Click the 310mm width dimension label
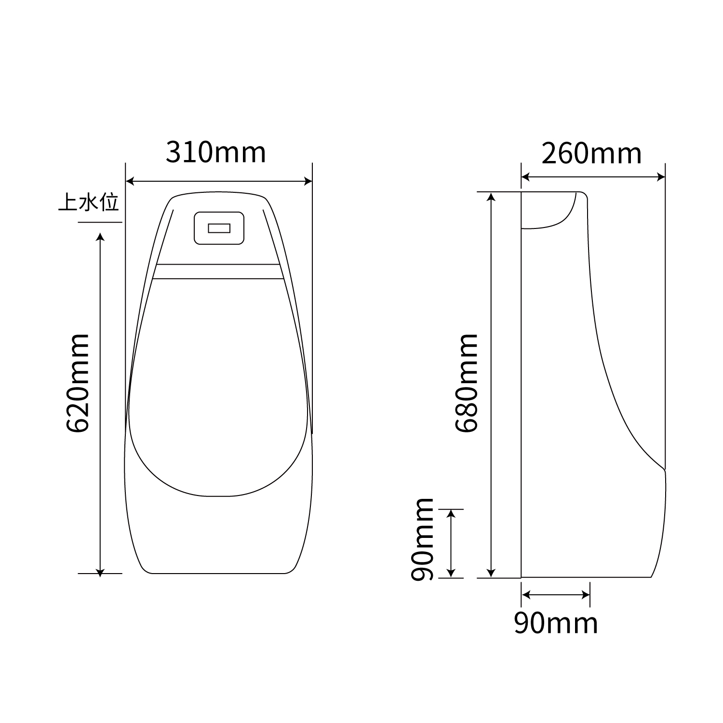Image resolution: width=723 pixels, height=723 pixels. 216,152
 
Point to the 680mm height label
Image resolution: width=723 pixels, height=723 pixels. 467,382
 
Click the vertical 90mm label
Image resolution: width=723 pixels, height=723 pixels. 423,539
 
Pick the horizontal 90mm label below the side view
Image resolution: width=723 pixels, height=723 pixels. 555,623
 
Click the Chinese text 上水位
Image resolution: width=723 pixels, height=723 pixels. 88,202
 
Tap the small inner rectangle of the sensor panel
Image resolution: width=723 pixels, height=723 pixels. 219,228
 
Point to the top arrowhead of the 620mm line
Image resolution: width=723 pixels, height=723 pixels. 100,236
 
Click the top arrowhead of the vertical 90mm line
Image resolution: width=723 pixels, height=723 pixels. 451,513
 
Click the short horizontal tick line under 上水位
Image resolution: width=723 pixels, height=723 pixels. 100,222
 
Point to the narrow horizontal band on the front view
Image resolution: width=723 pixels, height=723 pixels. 218,271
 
